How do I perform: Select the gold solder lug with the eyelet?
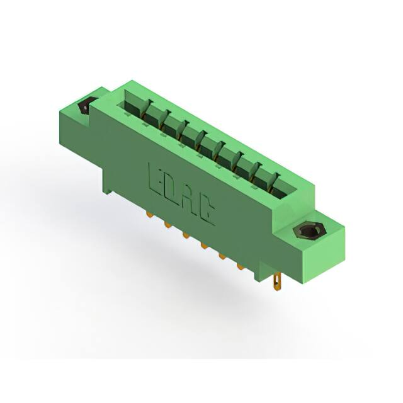tap(277, 281)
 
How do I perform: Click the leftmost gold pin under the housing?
tap(149, 214)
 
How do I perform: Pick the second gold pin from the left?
tap(167, 225)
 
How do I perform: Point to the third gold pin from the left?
tap(186, 236)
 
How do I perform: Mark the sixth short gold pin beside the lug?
tap(241, 267)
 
